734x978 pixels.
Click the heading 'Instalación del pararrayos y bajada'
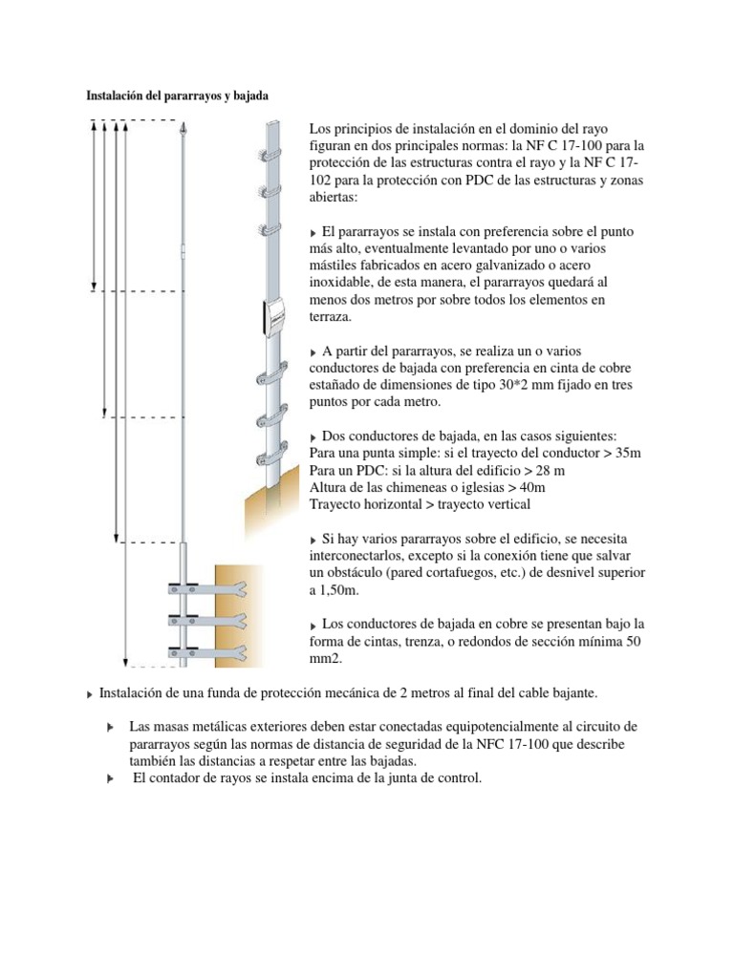177,96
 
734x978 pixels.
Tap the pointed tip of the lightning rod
183,126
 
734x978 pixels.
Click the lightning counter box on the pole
274,316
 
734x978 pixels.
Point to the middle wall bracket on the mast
205,621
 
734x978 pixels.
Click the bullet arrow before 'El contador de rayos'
111,779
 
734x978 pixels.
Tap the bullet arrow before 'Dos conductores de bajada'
315,436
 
